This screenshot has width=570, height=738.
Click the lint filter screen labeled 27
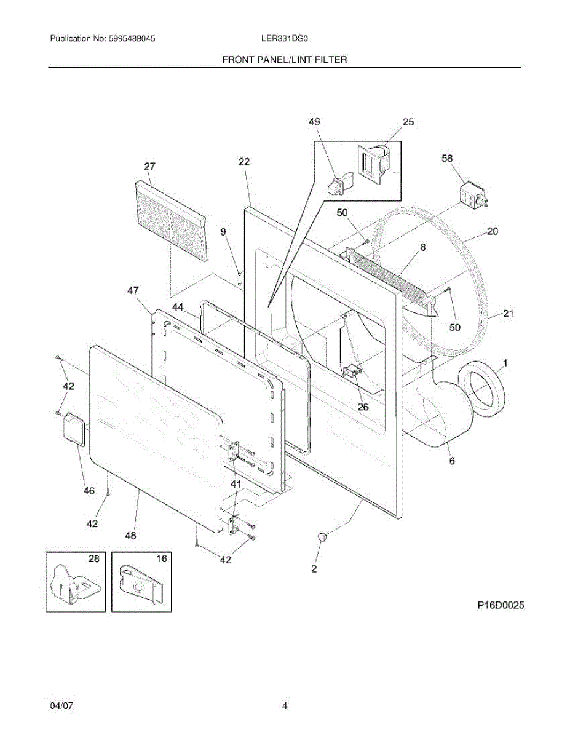(170, 220)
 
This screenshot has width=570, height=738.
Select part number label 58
(448, 159)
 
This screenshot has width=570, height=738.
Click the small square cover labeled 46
(74, 428)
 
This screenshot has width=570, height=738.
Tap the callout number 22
(244, 162)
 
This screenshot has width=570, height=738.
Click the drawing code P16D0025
(501, 605)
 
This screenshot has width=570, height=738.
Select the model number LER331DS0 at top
(284, 38)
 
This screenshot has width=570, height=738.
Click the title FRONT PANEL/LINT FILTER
(285, 60)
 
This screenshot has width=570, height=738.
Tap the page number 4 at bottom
(285, 706)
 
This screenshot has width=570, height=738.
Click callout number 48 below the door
(130, 535)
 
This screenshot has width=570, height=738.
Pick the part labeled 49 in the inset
(338, 183)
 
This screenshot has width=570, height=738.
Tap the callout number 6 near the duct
(452, 460)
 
